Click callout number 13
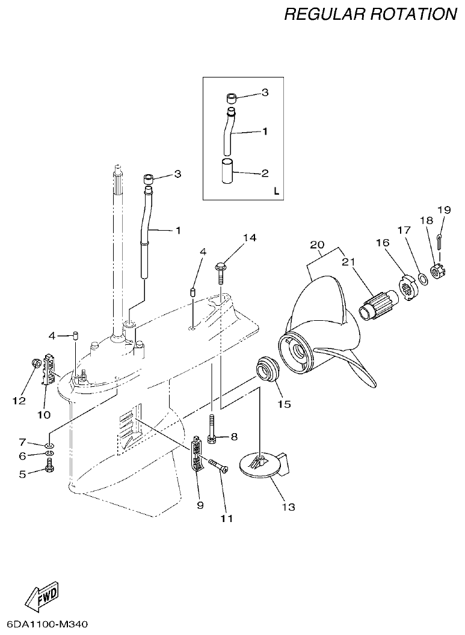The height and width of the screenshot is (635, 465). click(x=289, y=507)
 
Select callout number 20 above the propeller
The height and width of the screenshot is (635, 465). click(x=317, y=245)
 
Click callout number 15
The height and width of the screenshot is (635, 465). click(x=284, y=404)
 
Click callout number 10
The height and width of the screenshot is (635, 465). click(x=44, y=414)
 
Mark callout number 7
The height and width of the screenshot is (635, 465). click(x=22, y=442)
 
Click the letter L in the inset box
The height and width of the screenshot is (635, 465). click(x=276, y=192)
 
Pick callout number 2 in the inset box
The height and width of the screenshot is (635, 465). click(x=265, y=174)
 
